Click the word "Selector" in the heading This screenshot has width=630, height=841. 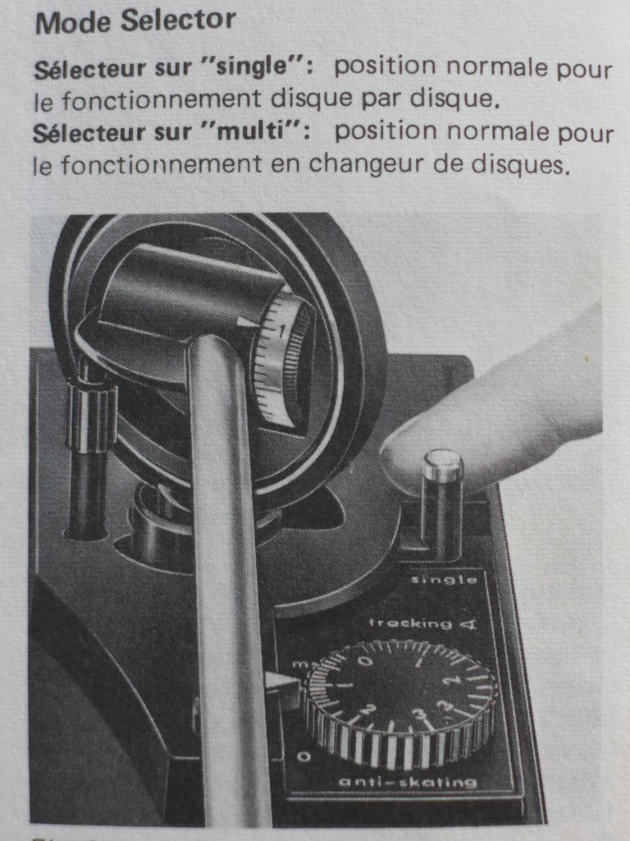pyautogui.click(x=177, y=21)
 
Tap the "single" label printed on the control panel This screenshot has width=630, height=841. pyautogui.click(x=444, y=580)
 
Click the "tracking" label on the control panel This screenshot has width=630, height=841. pyautogui.click(x=410, y=623)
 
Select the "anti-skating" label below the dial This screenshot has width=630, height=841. pyautogui.click(x=408, y=782)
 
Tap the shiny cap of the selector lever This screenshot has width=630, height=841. pyautogui.click(x=443, y=464)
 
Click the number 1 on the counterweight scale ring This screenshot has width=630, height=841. pyautogui.click(x=282, y=331)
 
